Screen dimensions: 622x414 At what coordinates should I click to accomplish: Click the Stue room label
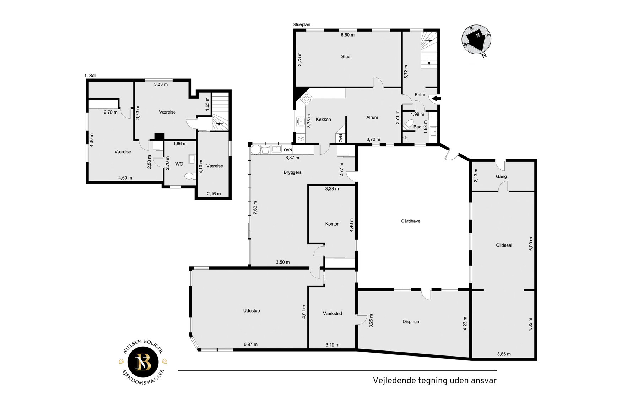click(346, 57)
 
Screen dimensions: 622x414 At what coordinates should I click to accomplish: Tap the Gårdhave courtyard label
click(410, 221)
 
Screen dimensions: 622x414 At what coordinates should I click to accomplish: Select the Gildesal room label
click(504, 245)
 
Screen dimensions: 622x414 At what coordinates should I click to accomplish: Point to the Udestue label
click(251, 311)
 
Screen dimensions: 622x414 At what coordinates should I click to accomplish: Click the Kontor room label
click(332, 224)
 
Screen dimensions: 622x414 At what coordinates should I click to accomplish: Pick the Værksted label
click(332, 313)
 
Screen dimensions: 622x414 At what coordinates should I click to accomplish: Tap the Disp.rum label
click(411, 322)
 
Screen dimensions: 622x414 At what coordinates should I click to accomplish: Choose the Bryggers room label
click(292, 172)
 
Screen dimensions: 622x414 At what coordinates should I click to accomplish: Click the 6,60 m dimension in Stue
click(347, 35)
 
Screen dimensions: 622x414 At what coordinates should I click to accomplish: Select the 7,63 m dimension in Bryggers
click(255, 208)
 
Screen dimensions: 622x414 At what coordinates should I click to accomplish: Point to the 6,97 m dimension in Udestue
click(250, 344)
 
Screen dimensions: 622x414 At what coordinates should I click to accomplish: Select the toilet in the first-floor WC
click(190, 176)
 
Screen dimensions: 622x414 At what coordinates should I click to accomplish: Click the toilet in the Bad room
click(408, 124)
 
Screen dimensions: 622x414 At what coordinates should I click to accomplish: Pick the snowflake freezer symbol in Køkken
click(301, 138)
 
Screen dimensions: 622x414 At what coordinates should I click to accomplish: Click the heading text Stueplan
click(301, 24)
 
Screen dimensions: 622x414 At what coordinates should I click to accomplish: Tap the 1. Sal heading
click(90, 76)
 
